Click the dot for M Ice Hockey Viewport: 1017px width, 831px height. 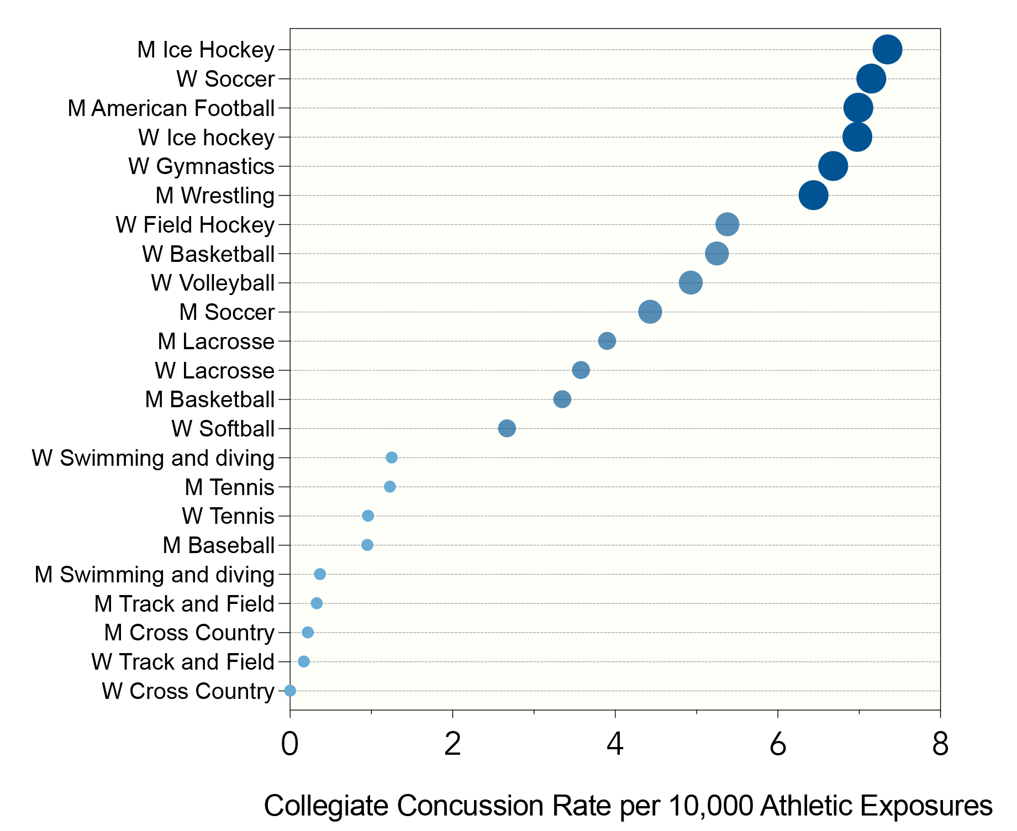pyautogui.click(x=887, y=49)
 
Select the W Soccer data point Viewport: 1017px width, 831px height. pyautogui.click(x=871, y=78)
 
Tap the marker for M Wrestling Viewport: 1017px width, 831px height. pyautogui.click(x=813, y=195)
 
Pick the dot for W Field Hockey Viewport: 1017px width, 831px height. pyautogui.click(x=727, y=224)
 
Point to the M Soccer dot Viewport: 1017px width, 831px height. pyautogui.click(x=650, y=312)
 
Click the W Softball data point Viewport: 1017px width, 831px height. pyautogui.click(x=507, y=428)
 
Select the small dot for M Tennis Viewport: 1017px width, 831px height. pyautogui.click(x=390, y=487)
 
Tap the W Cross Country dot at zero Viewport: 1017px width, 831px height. pyautogui.click(x=290, y=691)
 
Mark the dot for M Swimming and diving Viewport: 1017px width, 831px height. pyautogui.click(x=320, y=574)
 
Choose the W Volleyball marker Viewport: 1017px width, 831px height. pyautogui.click(x=691, y=283)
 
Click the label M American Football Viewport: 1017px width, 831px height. pyautogui.click(x=171, y=108)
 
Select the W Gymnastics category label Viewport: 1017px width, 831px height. pyautogui.click(x=201, y=166)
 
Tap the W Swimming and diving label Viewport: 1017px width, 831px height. pyautogui.click(x=153, y=458)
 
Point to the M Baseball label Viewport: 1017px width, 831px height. pyautogui.click(x=218, y=545)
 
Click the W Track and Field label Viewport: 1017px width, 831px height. pyautogui.click(x=183, y=662)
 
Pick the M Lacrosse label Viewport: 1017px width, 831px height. pyautogui.click(x=216, y=341)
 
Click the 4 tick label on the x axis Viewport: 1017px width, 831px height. pyautogui.click(x=615, y=744)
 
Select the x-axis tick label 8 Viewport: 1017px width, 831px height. pyautogui.click(x=940, y=744)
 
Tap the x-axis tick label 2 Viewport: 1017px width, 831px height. pyautogui.click(x=452, y=744)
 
